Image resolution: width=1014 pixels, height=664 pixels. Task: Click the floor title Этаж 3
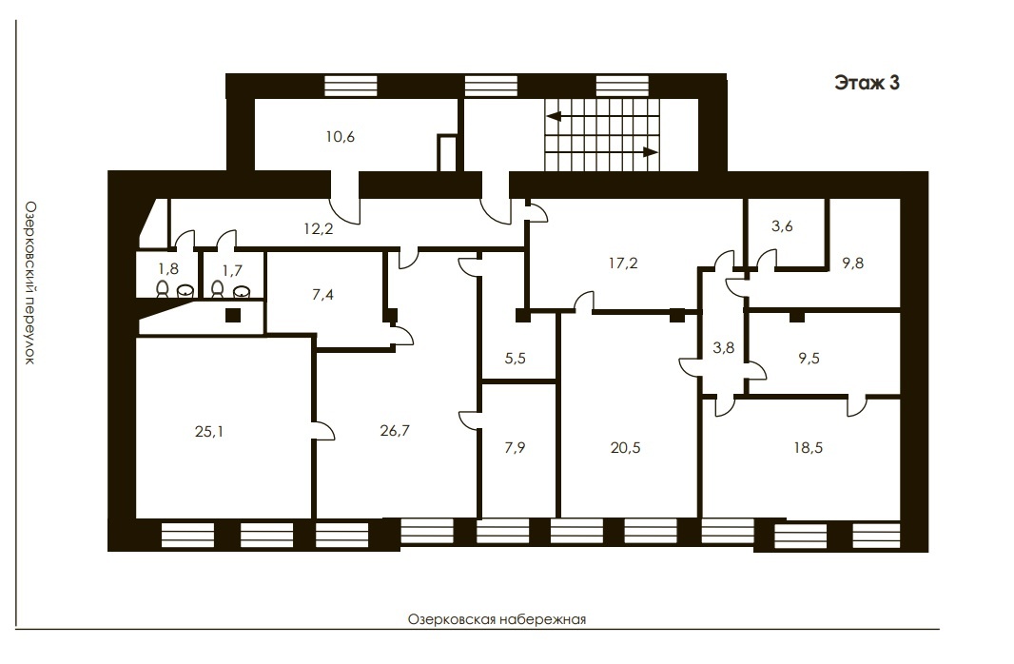point(867,84)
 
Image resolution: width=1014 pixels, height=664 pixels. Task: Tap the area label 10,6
point(341,137)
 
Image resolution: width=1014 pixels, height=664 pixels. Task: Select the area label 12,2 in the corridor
point(318,228)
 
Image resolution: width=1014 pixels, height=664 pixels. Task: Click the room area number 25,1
point(209,431)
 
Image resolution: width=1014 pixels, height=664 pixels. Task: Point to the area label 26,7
point(395,431)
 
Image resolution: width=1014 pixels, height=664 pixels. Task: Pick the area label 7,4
point(322,295)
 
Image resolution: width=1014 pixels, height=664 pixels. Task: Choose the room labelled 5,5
point(515,359)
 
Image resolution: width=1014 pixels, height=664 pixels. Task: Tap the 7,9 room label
point(515,447)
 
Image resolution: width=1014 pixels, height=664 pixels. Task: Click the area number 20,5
point(625,447)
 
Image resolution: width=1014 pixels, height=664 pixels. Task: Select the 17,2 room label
point(623,264)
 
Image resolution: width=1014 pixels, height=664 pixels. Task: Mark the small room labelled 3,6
point(782,226)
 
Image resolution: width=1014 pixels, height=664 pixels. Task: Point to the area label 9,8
point(853,264)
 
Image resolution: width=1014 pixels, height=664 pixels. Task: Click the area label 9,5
point(809,359)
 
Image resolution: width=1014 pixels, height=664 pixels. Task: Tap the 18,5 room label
point(809,447)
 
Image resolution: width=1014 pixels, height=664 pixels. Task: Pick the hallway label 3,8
point(724,348)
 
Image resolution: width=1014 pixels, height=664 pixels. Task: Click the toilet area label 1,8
point(168,268)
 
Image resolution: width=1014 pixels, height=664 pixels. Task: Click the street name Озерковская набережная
point(497,619)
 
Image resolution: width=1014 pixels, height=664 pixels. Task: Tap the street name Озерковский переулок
point(29,283)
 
